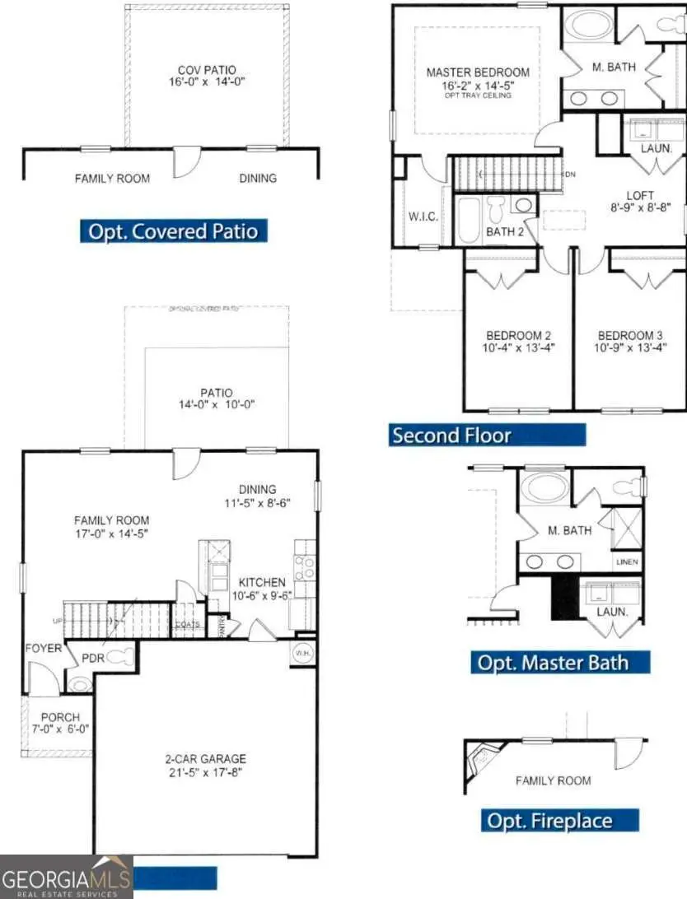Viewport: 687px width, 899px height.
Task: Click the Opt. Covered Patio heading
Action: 174,231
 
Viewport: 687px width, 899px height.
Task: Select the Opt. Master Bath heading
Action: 560,663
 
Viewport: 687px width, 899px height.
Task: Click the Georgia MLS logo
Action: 66,877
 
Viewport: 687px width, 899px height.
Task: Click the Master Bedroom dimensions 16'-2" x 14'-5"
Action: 478,85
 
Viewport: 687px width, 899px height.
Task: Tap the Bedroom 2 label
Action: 518,336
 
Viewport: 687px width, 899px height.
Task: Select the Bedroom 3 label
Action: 630,336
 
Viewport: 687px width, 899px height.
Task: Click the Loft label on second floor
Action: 639,196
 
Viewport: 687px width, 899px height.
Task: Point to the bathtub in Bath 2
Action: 469,220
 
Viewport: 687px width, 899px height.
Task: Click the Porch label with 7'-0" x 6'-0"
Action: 60,722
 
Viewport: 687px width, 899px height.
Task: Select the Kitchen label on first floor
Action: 262,582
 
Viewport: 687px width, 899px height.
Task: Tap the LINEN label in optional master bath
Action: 626,563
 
